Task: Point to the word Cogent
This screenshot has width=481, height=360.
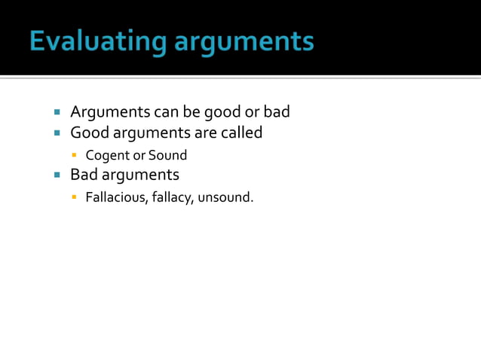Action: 106,156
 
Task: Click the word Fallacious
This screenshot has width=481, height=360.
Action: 113,199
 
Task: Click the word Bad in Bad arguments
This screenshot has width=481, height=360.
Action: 83,175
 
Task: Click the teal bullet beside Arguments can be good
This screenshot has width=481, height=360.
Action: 57,113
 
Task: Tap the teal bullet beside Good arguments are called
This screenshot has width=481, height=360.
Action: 57,134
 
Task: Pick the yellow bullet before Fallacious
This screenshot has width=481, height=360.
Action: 74,200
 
